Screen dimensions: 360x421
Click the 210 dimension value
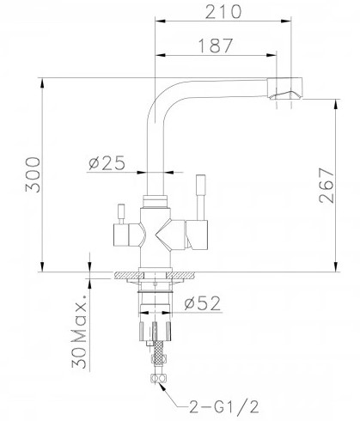click(223, 12)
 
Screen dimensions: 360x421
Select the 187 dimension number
click(216, 46)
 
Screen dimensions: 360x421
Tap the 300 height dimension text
click(33, 174)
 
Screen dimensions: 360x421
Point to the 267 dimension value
click(326, 186)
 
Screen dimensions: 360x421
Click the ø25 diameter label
click(107, 163)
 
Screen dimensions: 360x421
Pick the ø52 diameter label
click(203, 303)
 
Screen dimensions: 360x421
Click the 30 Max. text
click(79, 331)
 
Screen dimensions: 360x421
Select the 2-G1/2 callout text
click(224, 406)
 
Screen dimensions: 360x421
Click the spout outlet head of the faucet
click(285, 88)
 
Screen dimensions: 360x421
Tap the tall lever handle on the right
click(201, 198)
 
